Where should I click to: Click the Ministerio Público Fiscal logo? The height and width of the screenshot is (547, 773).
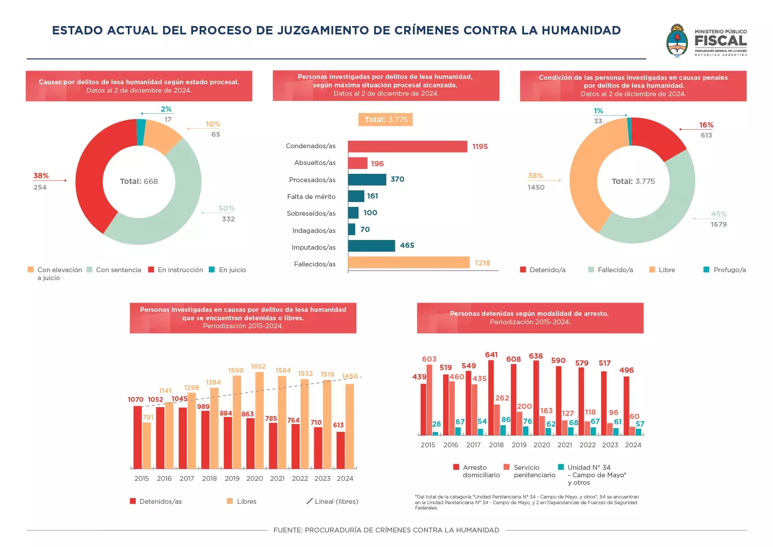[x=706, y=41]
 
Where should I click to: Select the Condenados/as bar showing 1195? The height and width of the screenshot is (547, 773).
[x=407, y=146]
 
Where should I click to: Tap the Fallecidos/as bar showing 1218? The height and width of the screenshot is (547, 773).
[x=409, y=262]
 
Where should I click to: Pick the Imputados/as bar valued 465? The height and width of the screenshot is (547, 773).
[x=372, y=246]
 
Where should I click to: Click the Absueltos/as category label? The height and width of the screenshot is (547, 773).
[x=315, y=163]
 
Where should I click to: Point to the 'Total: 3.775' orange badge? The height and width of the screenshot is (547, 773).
[x=386, y=120]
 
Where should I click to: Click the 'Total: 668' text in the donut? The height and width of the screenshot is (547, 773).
[x=139, y=181]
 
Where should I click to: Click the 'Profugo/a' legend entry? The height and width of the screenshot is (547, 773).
[x=725, y=270]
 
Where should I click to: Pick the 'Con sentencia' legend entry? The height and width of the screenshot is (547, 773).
[x=114, y=270]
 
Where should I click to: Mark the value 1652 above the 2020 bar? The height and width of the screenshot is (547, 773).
[x=258, y=367]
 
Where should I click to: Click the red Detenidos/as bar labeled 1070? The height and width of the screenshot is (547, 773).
[x=138, y=437]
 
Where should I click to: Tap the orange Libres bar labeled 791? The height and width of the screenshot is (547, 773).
[x=147, y=445]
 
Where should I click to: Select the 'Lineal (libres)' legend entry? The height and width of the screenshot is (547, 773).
[x=332, y=502]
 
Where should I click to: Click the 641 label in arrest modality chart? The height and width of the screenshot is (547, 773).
[x=491, y=355]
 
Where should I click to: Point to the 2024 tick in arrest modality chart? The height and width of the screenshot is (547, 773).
[x=633, y=445]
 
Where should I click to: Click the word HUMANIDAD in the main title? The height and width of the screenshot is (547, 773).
[x=581, y=30]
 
